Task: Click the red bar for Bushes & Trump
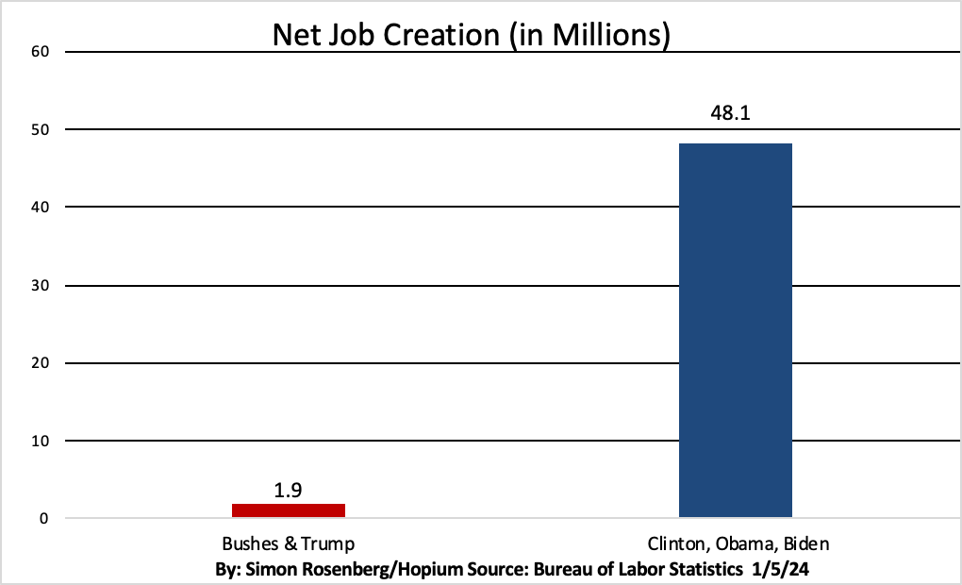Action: coord(289,510)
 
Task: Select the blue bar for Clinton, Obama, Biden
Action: coord(736,330)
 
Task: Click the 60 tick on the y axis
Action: coord(41,51)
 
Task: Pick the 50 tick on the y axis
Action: coord(41,129)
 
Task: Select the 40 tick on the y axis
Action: coord(41,207)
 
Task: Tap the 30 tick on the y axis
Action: coord(41,285)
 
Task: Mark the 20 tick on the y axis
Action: coord(41,362)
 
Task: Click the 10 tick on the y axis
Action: coord(41,441)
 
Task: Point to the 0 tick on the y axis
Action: coord(44,518)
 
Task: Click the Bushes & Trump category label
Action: coord(289,544)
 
